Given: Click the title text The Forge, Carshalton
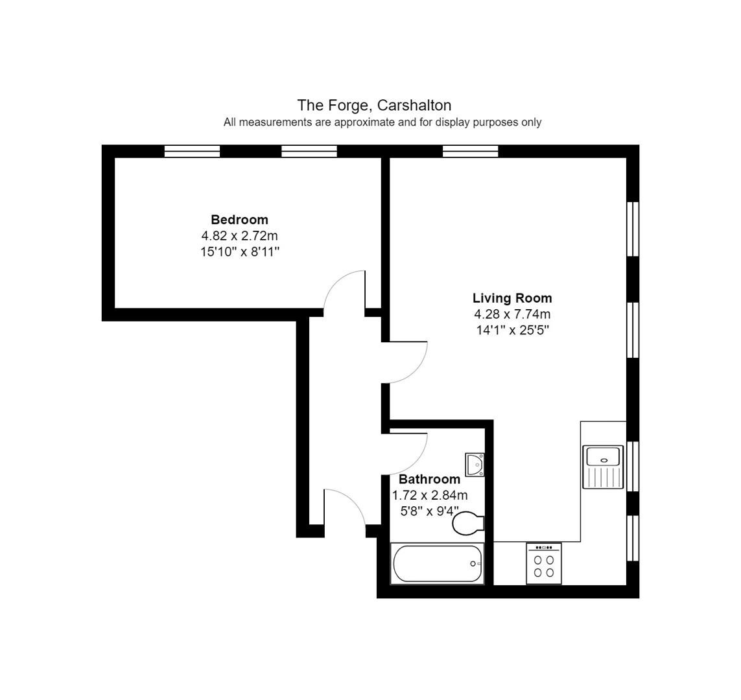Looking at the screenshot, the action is point(374,105).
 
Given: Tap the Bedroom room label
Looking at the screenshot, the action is point(240,220).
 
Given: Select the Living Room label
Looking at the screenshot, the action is point(512,298).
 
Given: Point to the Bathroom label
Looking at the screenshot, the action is point(430,480).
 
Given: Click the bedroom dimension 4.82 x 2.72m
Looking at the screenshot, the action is point(240,235).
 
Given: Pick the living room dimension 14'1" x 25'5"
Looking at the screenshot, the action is point(512,330).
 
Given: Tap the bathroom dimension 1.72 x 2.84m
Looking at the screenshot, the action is point(430,495).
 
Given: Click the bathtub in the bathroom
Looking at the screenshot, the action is point(437,563).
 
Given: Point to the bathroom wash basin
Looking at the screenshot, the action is point(475,465).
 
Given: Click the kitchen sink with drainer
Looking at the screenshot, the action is point(603,467).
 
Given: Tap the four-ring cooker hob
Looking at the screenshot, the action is point(544,563).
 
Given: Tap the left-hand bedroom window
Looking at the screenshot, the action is point(192,151).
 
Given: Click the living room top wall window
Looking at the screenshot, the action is point(470,151).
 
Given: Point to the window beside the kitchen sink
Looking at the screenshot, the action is point(633,466).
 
